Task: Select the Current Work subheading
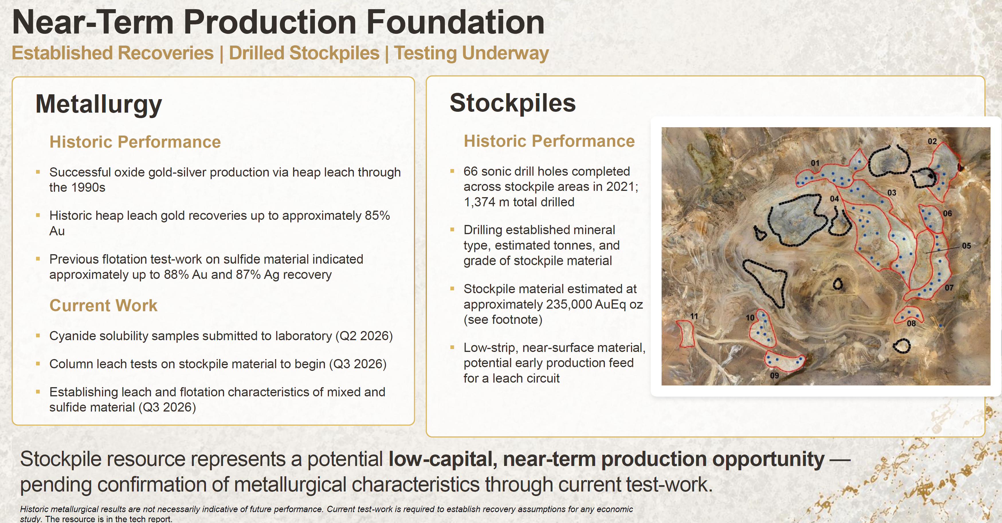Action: click(103, 305)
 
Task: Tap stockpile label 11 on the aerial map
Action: click(694, 316)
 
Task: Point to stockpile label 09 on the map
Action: click(774, 375)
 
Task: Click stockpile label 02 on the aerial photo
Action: click(932, 141)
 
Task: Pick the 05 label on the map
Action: click(966, 246)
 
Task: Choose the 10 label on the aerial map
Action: click(750, 318)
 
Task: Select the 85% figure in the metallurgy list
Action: click(377, 216)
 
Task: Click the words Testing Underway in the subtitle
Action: click(471, 53)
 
